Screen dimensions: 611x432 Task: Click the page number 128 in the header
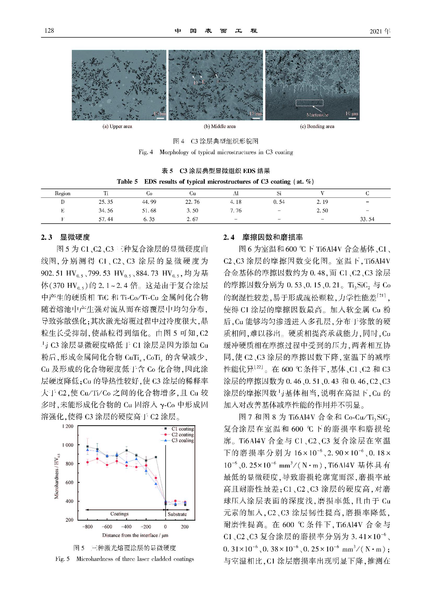(x=49, y=31)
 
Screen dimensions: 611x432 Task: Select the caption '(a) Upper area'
(x=117, y=126)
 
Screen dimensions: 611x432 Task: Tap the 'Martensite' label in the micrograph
(x=317, y=115)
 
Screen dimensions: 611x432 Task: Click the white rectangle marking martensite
(x=309, y=103)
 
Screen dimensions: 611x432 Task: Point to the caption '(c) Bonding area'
(x=317, y=126)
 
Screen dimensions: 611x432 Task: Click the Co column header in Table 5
(x=149, y=193)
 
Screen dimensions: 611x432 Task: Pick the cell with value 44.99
(x=149, y=202)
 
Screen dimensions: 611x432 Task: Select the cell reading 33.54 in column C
(x=367, y=219)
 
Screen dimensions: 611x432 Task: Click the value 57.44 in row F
(x=106, y=219)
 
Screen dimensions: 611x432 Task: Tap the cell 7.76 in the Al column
(x=236, y=211)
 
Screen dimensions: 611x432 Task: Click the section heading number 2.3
(x=46, y=237)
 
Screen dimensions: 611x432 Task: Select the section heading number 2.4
(x=229, y=237)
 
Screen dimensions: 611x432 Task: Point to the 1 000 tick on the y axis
(x=68, y=445)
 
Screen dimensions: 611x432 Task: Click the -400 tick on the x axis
(x=126, y=527)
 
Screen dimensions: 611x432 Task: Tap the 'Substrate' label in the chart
(x=177, y=514)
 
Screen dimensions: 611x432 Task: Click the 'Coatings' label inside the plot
(x=119, y=514)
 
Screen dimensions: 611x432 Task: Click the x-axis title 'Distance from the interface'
(x=135, y=535)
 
